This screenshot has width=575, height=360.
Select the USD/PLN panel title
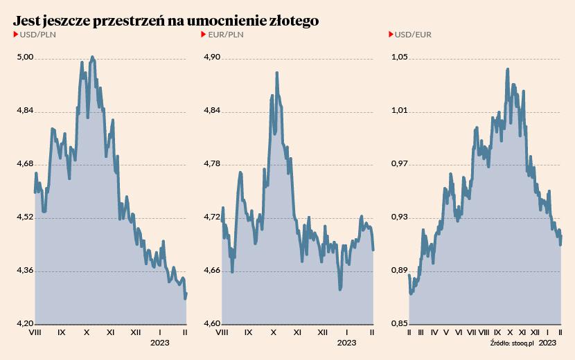[x=38, y=35]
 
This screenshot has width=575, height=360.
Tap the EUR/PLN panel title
[x=226, y=35]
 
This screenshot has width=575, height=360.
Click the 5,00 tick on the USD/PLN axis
[x=25, y=58]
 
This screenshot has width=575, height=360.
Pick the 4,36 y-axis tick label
[x=25, y=271]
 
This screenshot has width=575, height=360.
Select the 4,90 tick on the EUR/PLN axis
[x=213, y=58]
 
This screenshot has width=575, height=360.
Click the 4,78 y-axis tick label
[x=213, y=164]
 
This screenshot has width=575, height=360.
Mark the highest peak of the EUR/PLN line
[x=277, y=72]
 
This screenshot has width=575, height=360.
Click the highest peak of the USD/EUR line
[x=508, y=69]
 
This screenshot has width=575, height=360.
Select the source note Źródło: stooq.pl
[x=511, y=343]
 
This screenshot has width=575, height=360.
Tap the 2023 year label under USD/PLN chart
[x=160, y=343]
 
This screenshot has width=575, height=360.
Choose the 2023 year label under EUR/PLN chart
[x=346, y=343]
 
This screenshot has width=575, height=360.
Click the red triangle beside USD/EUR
[x=391, y=35]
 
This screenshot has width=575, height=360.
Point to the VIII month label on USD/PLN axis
[x=37, y=332]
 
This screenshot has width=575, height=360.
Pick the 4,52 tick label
[x=25, y=217]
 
